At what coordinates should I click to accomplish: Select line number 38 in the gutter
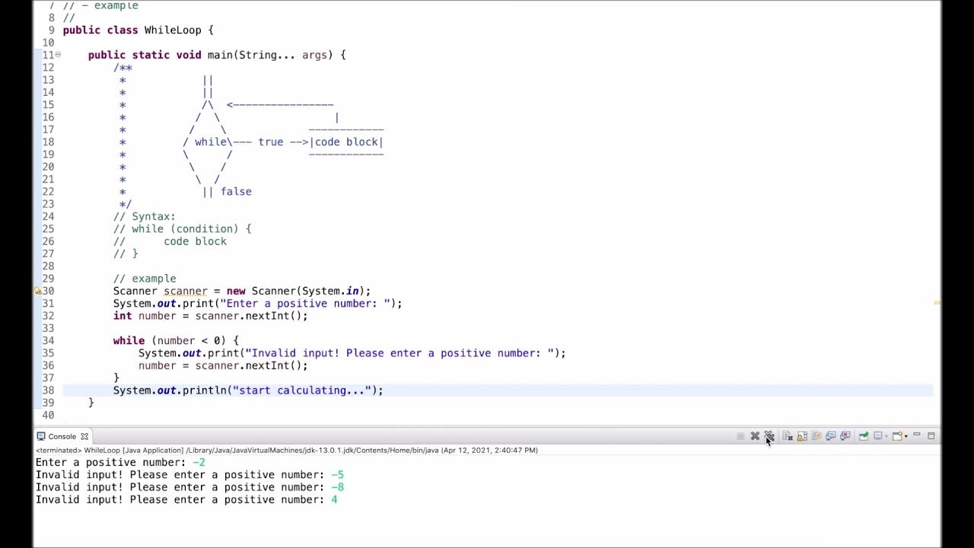pos(48,390)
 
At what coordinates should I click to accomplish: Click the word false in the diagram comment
pos(236,192)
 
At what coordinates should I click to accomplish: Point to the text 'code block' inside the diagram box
pos(346,142)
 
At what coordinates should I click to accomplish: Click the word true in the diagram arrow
pos(270,142)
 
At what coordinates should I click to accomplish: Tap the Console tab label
pos(62,437)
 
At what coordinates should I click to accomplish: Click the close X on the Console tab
pos(84,437)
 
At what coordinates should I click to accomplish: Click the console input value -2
pos(199,463)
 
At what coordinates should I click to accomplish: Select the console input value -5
pos(337,475)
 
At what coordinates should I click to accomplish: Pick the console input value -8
pos(337,487)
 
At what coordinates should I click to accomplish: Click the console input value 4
pos(334,500)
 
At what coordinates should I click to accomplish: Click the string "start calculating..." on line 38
pos(301,390)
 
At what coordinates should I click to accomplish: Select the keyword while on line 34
pos(129,341)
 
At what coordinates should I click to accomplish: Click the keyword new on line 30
pos(236,292)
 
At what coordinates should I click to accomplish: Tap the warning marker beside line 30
pos(37,291)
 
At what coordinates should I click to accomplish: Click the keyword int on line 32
pos(123,316)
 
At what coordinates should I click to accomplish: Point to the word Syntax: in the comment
pos(154,217)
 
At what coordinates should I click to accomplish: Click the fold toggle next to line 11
pos(58,55)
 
